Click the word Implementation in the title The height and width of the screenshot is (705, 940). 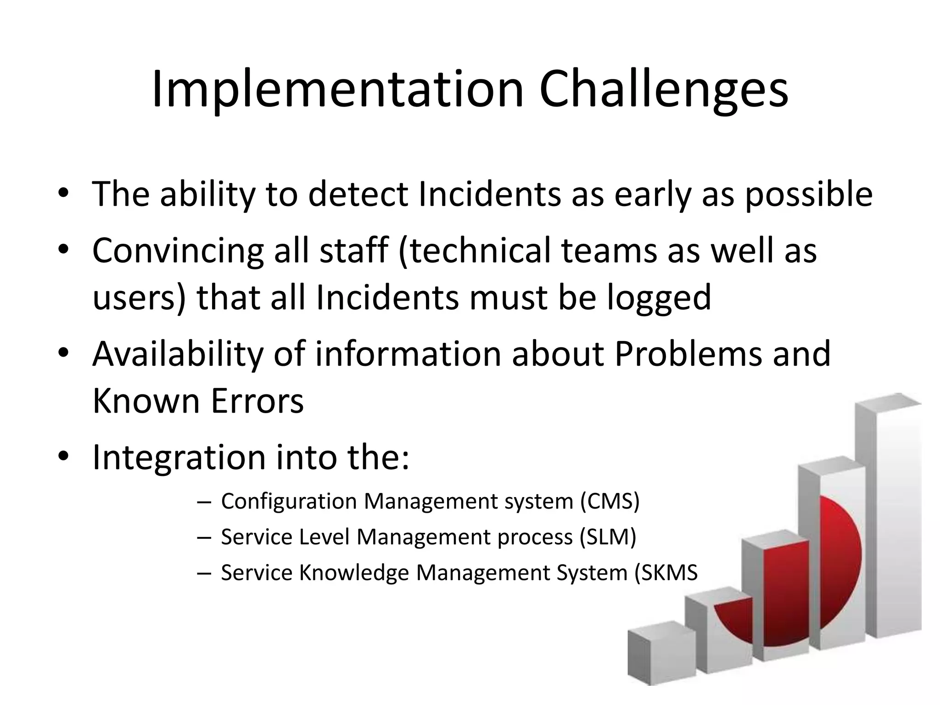337,90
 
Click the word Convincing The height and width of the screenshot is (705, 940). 178,251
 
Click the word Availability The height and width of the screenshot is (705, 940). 178,354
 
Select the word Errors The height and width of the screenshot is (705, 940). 257,401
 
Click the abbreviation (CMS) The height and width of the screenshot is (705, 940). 610,501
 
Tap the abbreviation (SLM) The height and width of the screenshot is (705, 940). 608,537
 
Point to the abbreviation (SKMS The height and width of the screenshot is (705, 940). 666,572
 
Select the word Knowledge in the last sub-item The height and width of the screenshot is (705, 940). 353,572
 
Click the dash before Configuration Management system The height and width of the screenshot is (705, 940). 203,502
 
